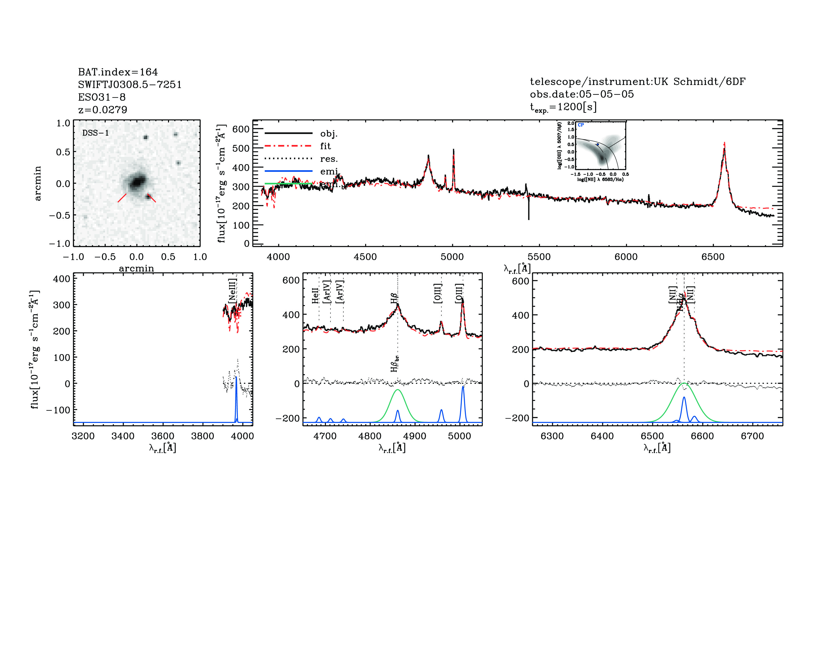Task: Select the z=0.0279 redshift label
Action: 102,110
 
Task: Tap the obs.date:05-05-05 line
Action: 581,94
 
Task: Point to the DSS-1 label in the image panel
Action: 96,133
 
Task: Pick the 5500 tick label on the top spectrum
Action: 539,257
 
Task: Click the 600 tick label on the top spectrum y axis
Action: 241,129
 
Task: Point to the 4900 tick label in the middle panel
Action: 415,436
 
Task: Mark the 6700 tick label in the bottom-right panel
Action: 753,436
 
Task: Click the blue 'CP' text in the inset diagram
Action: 581,125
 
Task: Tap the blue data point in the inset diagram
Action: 598,144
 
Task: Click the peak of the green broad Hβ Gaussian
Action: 398,390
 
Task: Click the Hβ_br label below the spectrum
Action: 394,363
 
